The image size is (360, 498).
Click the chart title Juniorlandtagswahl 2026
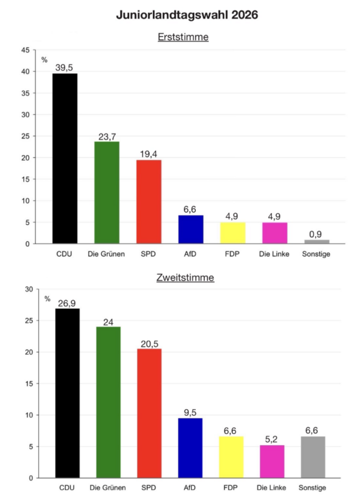pos(187,16)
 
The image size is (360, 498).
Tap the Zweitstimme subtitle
pos(185,278)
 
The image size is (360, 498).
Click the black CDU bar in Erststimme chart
pos(65,159)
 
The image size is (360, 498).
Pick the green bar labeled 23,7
pos(106,192)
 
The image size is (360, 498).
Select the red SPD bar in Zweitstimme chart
pos(149,413)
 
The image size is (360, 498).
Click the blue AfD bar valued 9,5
pos(190,448)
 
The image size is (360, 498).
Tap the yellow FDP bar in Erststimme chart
pos(232,233)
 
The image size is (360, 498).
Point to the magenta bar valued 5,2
pos(272,461)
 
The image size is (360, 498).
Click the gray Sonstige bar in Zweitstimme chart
pos(313,457)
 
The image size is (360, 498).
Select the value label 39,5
pos(65,68)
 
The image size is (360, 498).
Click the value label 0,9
pos(316,234)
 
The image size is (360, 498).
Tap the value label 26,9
pos(67,304)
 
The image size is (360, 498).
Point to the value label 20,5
pos(149,343)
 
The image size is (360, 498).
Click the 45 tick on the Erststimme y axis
pos(25,50)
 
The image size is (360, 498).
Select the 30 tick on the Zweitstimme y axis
pos(28,289)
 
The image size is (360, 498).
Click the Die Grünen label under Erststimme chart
pos(106,254)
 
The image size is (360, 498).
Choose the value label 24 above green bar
pos(108,322)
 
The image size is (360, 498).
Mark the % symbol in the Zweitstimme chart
pos(48,298)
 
